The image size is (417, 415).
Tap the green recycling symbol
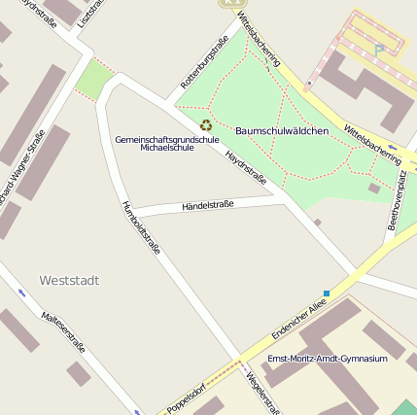pos(206,124)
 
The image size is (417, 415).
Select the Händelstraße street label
pos(208,205)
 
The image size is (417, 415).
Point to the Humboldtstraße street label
pos(140,227)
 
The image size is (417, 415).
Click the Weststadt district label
pos(69,280)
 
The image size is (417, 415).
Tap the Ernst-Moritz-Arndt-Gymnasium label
pos(328,359)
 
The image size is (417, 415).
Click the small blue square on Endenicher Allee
pos(327,294)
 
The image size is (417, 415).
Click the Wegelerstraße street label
pos(263,395)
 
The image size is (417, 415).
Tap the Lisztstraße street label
pos(87,12)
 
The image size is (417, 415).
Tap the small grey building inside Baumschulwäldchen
pos(374,189)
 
